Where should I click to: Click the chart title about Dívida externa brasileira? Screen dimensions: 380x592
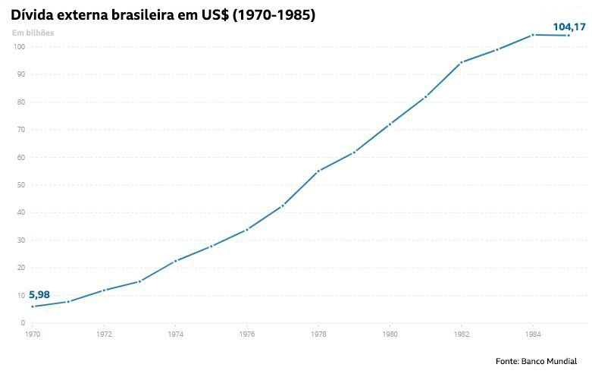click(163, 14)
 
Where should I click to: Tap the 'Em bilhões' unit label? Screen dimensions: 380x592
click(33, 33)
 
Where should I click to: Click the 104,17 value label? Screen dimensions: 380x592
click(569, 27)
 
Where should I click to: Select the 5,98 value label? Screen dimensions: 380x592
click(39, 294)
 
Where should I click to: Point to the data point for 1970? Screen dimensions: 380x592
click(33, 306)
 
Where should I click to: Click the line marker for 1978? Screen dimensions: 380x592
click(318, 171)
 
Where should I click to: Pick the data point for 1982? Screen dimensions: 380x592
click(462, 62)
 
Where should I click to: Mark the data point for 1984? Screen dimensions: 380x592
click(533, 35)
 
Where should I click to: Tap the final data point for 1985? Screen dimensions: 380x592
click(569, 36)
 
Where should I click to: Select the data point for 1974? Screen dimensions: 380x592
click(176, 261)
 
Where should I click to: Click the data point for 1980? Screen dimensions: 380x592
click(390, 124)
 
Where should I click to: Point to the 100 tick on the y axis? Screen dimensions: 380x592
click(20, 47)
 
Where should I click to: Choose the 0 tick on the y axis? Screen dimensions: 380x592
click(23, 323)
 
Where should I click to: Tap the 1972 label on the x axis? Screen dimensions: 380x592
click(104, 334)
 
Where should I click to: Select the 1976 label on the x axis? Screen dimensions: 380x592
click(247, 334)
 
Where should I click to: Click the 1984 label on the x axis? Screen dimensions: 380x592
click(533, 334)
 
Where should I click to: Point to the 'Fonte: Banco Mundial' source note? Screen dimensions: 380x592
click(536, 361)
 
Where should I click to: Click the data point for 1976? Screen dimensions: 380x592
click(247, 229)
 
